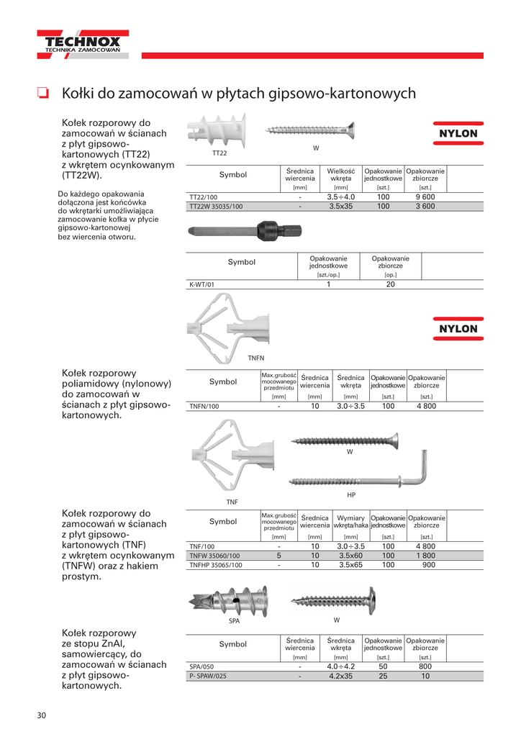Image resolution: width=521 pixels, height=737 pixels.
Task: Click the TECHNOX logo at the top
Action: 83,45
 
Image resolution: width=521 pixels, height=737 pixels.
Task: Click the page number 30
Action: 42,715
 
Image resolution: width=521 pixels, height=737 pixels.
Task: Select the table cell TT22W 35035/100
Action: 216,206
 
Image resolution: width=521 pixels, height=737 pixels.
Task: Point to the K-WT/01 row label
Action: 201,284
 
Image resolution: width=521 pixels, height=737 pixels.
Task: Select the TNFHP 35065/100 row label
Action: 216,565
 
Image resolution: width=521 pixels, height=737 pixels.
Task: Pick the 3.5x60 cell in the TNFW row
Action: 350,556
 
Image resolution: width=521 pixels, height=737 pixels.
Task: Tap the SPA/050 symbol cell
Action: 201,667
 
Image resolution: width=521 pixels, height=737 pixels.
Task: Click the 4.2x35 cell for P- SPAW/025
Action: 341,677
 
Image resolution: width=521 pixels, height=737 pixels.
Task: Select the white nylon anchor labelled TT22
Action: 215,132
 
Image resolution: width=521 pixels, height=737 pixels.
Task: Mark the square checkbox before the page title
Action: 42,93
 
